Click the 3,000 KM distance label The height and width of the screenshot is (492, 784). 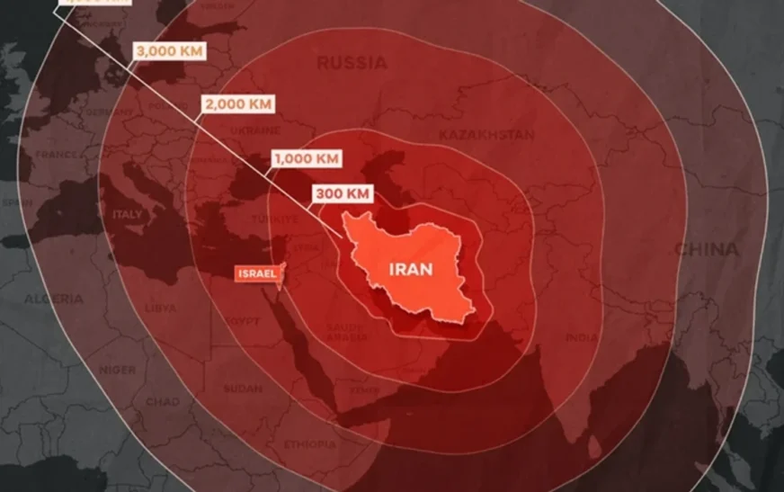click(x=169, y=50)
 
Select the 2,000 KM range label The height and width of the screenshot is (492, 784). click(x=238, y=103)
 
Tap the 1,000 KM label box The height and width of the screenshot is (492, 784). click(x=307, y=158)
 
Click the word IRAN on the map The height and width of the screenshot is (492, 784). click(x=410, y=268)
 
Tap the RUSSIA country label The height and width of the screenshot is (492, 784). click(x=352, y=63)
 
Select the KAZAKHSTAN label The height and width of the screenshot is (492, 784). click(x=486, y=135)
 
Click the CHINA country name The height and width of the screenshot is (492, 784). click(x=706, y=249)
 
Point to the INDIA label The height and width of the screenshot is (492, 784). click(x=581, y=338)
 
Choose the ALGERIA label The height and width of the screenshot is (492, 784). click(x=53, y=299)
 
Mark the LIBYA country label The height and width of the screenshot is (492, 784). click(x=161, y=308)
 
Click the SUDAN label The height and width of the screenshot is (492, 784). click(x=243, y=389)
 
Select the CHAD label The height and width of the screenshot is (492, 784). click(x=162, y=402)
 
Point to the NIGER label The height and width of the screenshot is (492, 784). click(x=117, y=370)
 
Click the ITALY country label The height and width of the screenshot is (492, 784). click(x=127, y=215)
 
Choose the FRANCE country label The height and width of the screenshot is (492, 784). click(x=56, y=154)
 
